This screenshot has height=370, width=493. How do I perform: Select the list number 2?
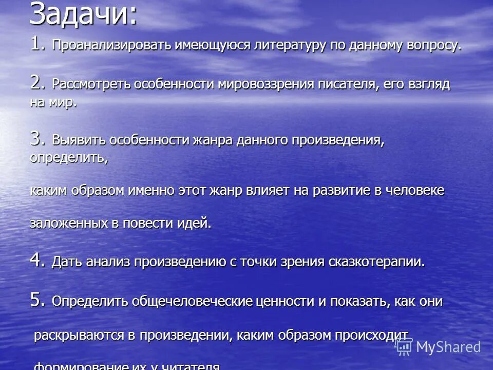(x=38, y=82)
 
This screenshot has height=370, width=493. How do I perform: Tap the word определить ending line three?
(x=68, y=158)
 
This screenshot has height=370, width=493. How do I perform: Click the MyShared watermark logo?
(x=439, y=347)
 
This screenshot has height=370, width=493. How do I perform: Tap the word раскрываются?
(x=79, y=336)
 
